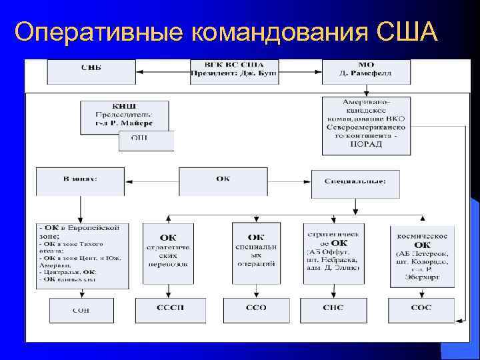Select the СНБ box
91,69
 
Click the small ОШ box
145,139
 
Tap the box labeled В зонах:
80,180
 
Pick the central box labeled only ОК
223,181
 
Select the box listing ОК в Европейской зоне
83,255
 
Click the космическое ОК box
422,255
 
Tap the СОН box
81,309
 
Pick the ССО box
255,309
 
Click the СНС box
333,309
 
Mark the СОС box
422,309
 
